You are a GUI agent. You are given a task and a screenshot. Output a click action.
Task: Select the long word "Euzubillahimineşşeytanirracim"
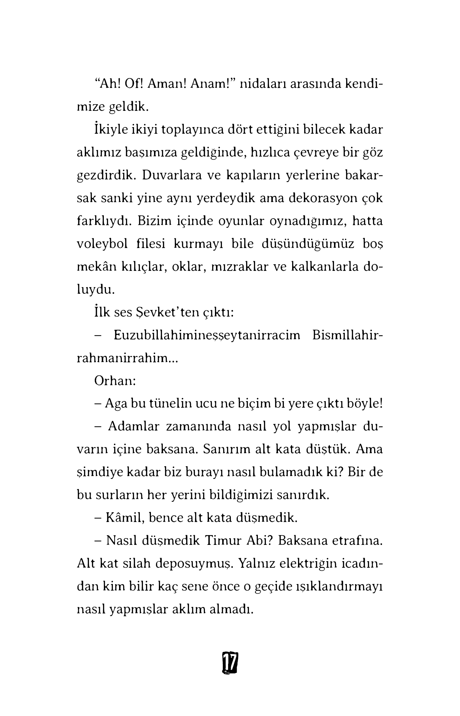[x=207, y=335]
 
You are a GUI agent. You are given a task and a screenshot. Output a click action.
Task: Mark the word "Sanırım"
[x=225, y=449]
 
